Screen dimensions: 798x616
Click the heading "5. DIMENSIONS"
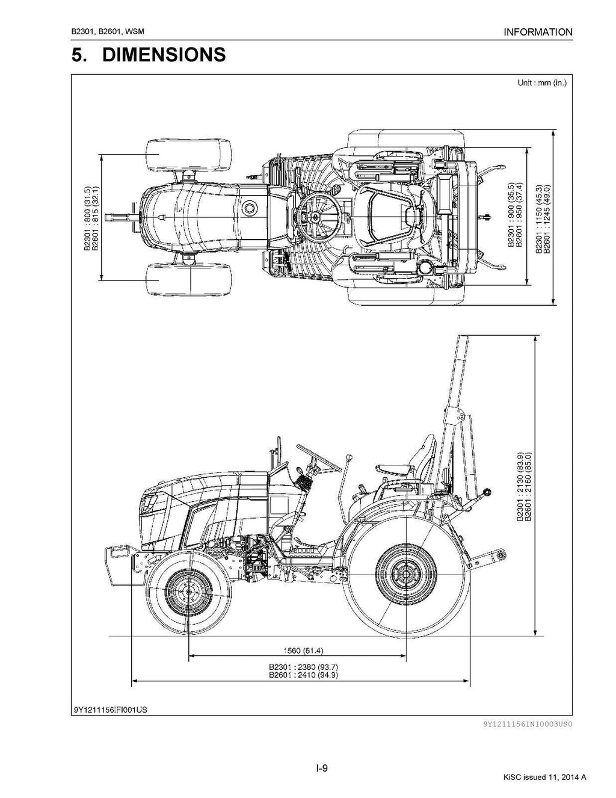click(149, 55)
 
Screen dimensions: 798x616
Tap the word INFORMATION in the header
click(538, 32)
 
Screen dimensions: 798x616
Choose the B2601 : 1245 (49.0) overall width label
click(547, 220)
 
